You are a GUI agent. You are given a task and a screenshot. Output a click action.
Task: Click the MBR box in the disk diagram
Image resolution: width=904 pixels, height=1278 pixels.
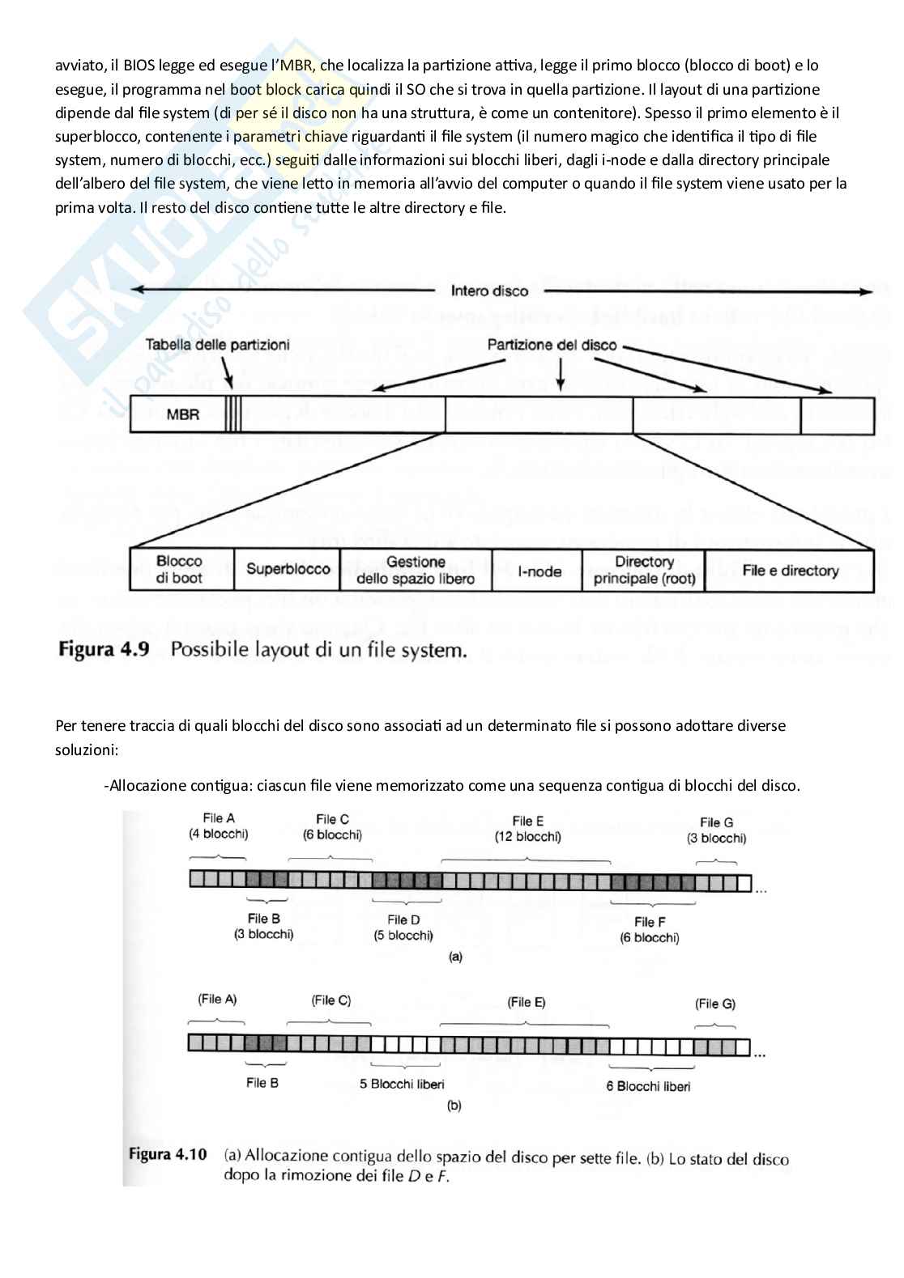(182, 415)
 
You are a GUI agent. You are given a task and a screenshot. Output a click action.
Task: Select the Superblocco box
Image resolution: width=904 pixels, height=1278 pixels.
(288, 570)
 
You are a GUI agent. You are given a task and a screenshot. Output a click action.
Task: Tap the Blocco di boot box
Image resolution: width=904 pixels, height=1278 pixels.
(180, 570)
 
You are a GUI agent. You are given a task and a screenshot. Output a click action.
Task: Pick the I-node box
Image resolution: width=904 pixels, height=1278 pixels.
(539, 571)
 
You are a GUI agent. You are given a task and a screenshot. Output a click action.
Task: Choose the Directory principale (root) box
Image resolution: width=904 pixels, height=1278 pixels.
(644, 570)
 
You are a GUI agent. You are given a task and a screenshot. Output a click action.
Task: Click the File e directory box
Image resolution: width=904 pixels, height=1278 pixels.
(790, 571)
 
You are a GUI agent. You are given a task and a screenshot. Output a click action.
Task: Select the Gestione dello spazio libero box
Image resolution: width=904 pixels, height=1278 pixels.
(416, 570)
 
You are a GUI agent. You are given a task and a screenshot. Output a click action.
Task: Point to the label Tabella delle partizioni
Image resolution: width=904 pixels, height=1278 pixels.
(217, 345)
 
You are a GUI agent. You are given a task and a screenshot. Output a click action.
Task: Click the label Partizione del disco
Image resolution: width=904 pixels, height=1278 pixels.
(552, 345)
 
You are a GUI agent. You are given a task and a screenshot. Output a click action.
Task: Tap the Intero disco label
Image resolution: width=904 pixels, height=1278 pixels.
(489, 291)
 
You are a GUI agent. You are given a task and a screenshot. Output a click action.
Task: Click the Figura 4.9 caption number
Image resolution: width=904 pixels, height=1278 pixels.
(104, 650)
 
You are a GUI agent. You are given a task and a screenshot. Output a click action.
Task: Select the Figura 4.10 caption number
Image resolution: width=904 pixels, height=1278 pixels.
(168, 1155)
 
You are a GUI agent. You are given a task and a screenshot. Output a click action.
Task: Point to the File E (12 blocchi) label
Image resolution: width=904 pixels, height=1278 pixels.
(527, 829)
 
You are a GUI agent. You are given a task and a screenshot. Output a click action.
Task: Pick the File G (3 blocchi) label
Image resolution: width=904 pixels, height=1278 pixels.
(716, 830)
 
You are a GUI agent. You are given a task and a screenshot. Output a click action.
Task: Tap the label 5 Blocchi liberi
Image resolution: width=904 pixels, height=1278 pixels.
(402, 1084)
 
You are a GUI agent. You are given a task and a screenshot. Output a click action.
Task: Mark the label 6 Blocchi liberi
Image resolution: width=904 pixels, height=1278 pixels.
(648, 1086)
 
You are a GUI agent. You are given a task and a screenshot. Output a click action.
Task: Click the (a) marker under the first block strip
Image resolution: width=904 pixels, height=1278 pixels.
(455, 957)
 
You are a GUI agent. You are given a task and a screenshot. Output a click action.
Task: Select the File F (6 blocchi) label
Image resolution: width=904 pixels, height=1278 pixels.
(650, 930)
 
